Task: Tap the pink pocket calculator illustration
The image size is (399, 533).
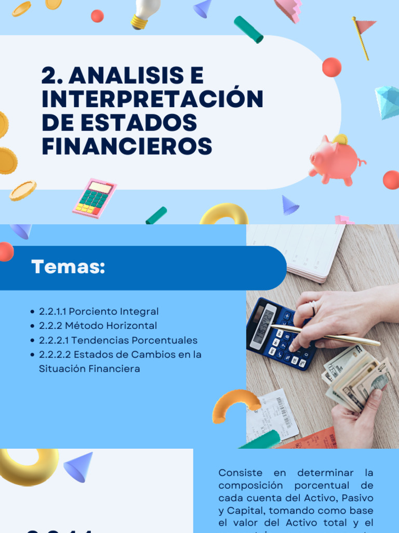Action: [x=95, y=198]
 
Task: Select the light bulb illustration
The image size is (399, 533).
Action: [x=143, y=14]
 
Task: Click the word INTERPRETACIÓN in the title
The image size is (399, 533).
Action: [x=152, y=99]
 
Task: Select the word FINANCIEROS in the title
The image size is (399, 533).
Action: [x=127, y=146]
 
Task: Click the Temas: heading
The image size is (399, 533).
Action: [x=68, y=267]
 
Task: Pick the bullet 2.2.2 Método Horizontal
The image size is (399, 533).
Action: [x=98, y=326]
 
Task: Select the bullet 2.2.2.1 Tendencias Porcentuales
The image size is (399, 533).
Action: [x=118, y=340]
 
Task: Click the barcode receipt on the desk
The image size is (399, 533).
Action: [x=272, y=414]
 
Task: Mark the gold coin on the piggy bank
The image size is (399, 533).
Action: [x=340, y=139]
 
